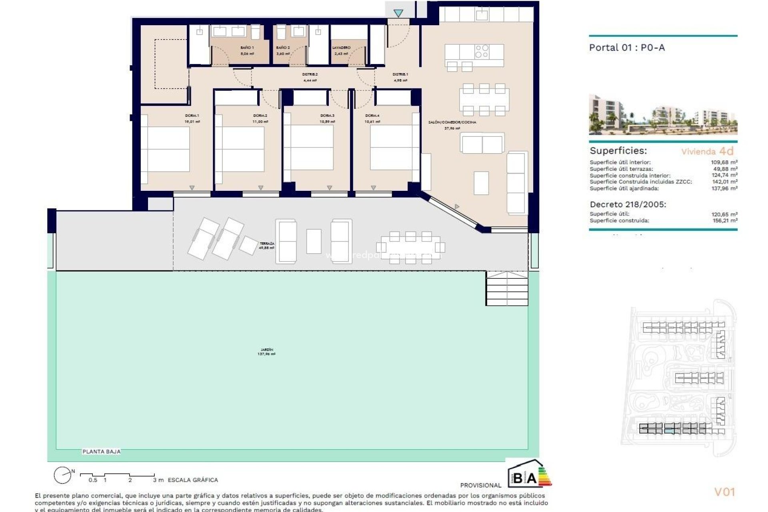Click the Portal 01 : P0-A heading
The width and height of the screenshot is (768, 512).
[x=627, y=48]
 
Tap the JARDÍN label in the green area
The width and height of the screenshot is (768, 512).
[x=266, y=350]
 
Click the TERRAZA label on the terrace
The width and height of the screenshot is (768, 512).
[x=267, y=244]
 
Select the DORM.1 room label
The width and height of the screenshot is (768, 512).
[x=192, y=116]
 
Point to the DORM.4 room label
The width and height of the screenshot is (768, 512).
[x=372, y=116]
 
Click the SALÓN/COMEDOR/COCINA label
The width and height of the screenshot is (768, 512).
[x=452, y=122]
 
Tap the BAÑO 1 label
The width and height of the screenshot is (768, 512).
[x=247, y=48]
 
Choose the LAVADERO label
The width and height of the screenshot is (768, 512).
[x=341, y=48]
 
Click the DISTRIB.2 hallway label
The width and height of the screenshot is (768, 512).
[x=310, y=74]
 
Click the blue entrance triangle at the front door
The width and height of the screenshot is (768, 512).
[x=398, y=13]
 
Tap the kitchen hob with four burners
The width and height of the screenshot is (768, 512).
[x=482, y=51]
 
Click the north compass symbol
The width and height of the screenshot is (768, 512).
[x=63, y=475]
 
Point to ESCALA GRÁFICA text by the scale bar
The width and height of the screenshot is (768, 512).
[x=193, y=480]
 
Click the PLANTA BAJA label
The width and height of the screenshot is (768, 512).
[x=101, y=452]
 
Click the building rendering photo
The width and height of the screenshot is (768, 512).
[x=663, y=115]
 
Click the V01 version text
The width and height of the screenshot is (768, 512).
[x=724, y=492]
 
